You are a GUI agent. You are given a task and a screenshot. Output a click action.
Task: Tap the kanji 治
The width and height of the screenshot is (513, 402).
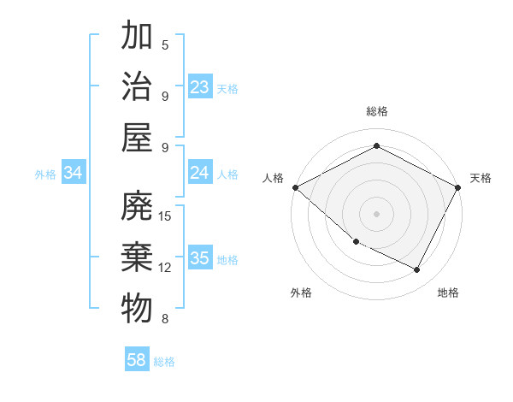pos(138,87)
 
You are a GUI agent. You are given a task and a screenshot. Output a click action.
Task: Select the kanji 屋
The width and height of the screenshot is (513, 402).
pos(138,138)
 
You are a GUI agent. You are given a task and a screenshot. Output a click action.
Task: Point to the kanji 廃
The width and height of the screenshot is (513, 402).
pos(138,208)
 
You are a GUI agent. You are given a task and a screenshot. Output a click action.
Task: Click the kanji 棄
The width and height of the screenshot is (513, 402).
pos(138,258)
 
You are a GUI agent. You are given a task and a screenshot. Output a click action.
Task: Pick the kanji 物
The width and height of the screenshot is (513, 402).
pos(138,309)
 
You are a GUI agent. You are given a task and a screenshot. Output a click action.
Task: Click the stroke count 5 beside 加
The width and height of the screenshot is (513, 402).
pos(165,44)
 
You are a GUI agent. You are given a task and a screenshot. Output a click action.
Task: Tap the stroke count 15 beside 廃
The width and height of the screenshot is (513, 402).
pos(166,216)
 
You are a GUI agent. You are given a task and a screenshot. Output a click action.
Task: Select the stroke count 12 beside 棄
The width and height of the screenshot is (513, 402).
pos(166,267)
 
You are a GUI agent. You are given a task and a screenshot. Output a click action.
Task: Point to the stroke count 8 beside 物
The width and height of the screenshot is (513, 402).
pos(165,319)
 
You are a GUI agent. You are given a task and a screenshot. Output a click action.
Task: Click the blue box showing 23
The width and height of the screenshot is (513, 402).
pos(200,87)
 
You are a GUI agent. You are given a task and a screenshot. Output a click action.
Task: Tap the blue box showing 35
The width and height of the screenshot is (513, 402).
pos(200,259)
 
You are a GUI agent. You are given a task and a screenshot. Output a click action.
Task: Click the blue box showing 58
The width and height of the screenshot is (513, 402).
pos(137,360)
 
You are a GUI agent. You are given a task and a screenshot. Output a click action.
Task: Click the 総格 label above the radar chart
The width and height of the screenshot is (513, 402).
pos(377,111)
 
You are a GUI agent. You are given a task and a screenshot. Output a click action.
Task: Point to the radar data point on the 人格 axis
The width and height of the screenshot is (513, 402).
pos(295,186)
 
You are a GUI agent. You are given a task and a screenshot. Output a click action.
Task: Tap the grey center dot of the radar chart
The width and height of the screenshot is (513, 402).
pos(377,213)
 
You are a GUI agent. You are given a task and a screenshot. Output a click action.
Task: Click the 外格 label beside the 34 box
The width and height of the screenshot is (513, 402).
pos(45,174)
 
